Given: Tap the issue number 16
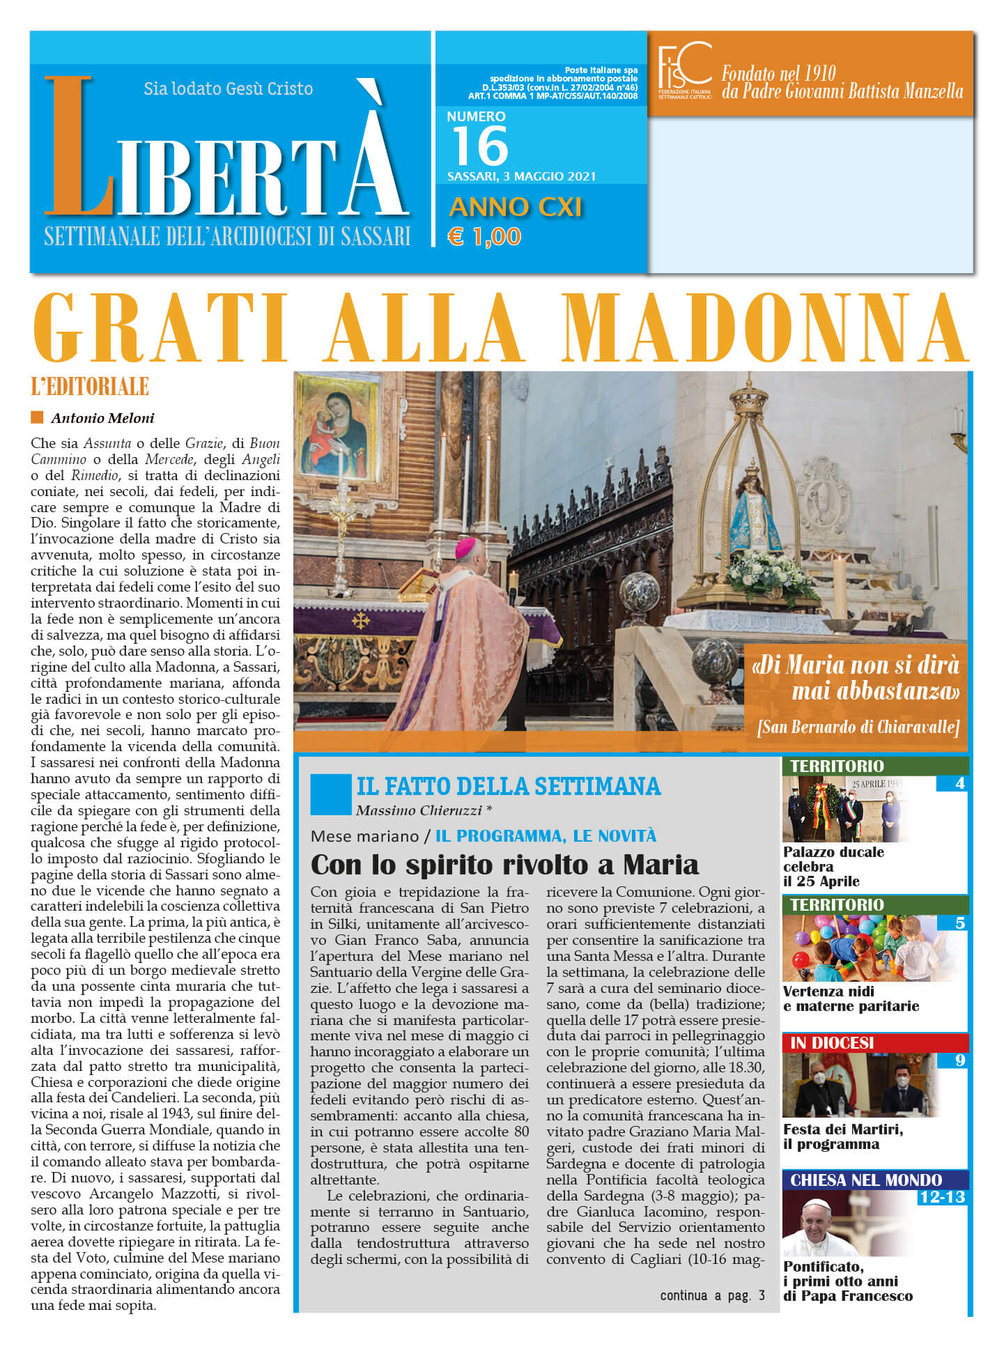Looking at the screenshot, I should pyautogui.click(x=480, y=146).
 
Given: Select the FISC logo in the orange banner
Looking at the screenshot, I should pyautogui.click(x=684, y=70).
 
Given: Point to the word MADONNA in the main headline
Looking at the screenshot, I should pyautogui.click(x=765, y=328).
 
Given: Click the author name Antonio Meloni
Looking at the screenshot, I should pyautogui.click(x=102, y=418).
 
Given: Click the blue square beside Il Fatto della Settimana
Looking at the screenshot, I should pyautogui.click(x=330, y=794).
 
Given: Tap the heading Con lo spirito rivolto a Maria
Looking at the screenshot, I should pyautogui.click(x=504, y=865).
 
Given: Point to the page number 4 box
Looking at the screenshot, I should pyautogui.click(x=959, y=784).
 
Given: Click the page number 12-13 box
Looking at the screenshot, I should pyautogui.click(x=942, y=1197).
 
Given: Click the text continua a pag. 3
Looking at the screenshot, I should pyautogui.click(x=712, y=1295).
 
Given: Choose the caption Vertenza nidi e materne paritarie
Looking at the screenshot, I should pyautogui.click(x=851, y=998).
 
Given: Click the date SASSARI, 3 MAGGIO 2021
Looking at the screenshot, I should pyautogui.click(x=521, y=176).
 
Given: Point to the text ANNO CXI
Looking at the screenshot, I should pyautogui.click(x=515, y=207).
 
